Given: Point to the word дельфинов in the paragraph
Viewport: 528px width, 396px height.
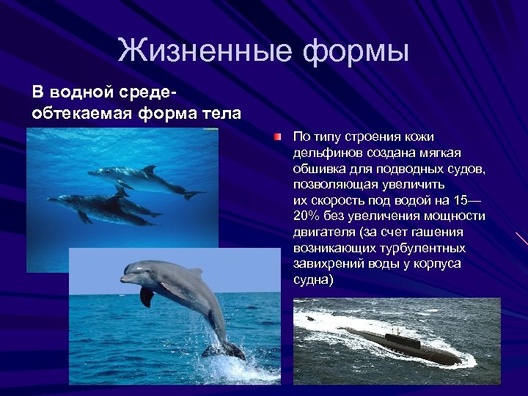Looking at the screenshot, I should (322, 152).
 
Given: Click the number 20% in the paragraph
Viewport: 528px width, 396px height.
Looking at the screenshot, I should (306, 216).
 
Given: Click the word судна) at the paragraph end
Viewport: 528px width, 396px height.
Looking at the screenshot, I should (312, 279).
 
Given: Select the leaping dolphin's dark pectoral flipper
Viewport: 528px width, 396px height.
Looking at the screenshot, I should (147, 296).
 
